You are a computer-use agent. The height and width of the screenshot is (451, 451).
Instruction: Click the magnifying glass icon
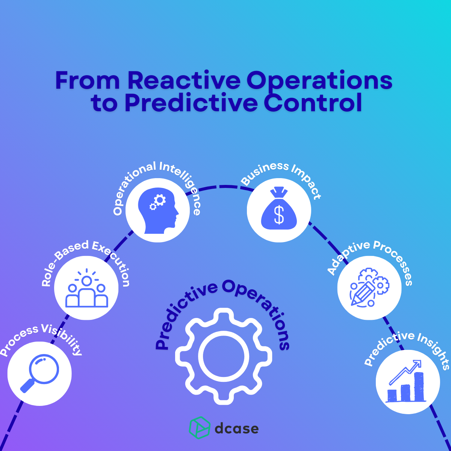(39, 374)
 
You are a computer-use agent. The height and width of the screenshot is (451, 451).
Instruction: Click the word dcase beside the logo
(236, 428)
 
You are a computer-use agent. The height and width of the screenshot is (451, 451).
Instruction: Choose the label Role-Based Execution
(86, 259)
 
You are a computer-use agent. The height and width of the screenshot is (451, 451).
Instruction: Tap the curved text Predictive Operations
(222, 301)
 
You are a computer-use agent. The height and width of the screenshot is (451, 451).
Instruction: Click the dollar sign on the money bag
(279, 215)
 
